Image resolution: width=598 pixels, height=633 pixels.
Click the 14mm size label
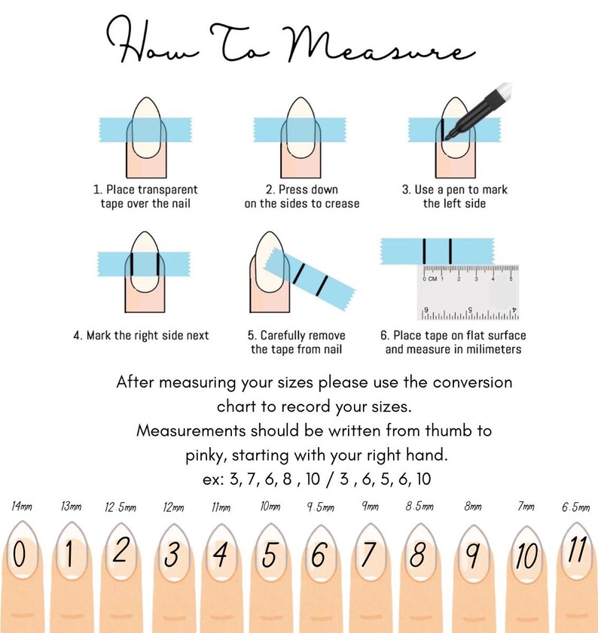pyautogui.click(x=22, y=506)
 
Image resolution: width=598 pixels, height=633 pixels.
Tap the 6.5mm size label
pyautogui.click(x=575, y=507)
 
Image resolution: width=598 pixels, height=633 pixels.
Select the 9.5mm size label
pyautogui.click(x=320, y=507)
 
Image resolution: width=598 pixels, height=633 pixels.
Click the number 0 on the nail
pyautogui.click(x=19, y=554)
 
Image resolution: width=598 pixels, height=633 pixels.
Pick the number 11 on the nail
pyautogui.click(x=577, y=550)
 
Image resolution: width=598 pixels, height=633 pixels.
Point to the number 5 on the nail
pyautogui.click(x=269, y=555)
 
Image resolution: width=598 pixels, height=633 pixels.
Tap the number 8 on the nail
pyautogui.click(x=417, y=554)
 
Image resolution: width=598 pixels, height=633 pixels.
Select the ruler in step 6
pyautogui.click(x=468, y=292)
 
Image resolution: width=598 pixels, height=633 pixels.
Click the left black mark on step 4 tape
pyautogui.click(x=131, y=264)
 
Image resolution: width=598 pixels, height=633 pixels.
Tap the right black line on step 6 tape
pyautogui.click(x=450, y=251)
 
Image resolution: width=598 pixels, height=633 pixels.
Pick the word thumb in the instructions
pyautogui.click(x=449, y=431)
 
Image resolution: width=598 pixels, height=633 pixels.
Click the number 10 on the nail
pyautogui.click(x=526, y=556)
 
